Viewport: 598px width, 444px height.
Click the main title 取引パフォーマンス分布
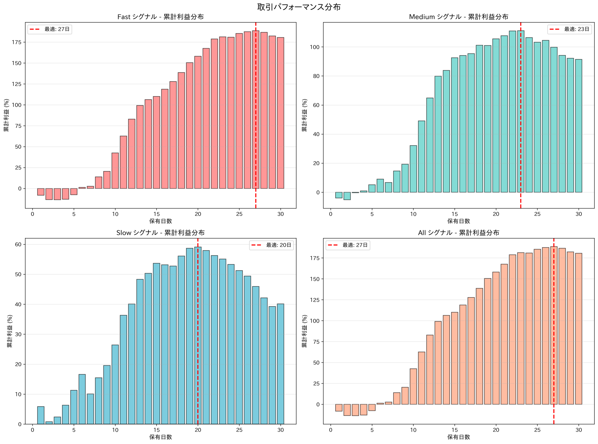299,7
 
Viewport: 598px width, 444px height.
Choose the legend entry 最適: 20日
271,245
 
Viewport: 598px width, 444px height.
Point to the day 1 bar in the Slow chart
41,415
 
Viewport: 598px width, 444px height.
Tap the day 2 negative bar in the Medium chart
347,196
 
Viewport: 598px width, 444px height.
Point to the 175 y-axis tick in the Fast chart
16,42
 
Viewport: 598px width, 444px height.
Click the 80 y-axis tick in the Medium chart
316,76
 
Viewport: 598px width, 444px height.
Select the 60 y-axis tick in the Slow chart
18,244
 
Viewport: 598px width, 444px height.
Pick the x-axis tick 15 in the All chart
454,430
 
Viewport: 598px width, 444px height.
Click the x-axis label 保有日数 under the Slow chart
161,437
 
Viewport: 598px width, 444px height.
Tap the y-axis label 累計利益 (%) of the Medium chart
305,115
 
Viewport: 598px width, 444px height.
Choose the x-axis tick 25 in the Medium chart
537,214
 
